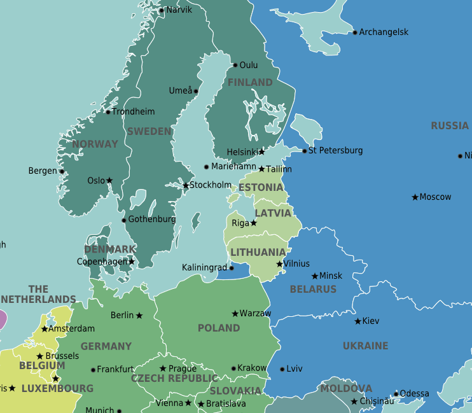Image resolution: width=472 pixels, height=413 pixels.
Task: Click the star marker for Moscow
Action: tap(415, 197)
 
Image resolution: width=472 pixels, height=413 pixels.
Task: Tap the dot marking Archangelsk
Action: tap(355, 32)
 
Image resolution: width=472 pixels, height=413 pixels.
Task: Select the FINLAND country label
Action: tap(250, 83)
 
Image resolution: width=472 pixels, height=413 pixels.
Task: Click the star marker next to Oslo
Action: tap(109, 181)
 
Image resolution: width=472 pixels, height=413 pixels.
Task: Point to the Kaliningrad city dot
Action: tap(232, 268)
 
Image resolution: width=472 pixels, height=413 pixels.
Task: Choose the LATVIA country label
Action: tap(273, 213)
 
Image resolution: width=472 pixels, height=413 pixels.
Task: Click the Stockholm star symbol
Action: tap(186, 186)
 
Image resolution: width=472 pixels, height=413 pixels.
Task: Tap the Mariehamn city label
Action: tap(235, 167)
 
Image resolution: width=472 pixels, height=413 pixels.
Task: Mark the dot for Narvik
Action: tap(162, 10)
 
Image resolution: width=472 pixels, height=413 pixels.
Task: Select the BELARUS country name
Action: tap(313, 290)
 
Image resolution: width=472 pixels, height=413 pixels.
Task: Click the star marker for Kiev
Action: tap(357, 321)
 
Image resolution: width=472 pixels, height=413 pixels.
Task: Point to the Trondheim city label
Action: tap(133, 112)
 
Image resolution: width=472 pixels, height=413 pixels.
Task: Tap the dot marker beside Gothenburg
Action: tap(123, 221)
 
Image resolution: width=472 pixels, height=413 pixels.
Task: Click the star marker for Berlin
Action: tap(139, 316)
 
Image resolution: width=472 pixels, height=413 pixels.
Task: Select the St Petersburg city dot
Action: tap(305, 151)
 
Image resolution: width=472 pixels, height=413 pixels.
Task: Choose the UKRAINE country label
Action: tap(365, 346)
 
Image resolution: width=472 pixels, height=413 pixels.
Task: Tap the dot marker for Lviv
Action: tap(282, 369)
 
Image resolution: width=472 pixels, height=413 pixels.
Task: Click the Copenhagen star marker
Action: tap(132, 262)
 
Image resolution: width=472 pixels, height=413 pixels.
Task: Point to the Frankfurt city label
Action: tap(115, 370)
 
